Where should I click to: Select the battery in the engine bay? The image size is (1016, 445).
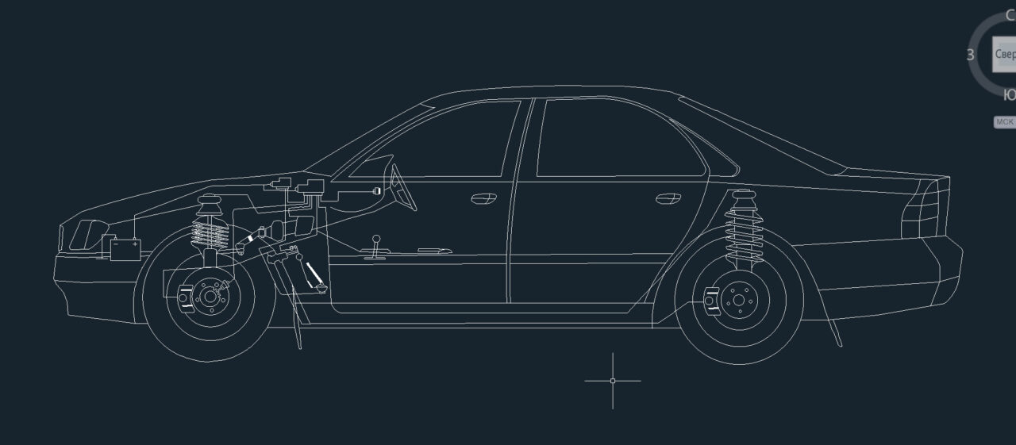coord(125,249)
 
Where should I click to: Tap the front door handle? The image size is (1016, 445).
coord(483,198)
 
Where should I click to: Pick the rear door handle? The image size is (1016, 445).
coord(668,198)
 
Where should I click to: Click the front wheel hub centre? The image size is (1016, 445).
coord(210,297)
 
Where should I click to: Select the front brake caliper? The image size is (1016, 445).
coord(185,297)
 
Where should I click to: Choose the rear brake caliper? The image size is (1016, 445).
coord(711,301)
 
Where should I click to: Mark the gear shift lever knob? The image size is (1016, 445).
coord(378,236)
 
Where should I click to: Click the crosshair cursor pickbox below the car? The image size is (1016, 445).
coord(613,381)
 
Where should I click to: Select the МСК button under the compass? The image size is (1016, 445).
coord(1004,122)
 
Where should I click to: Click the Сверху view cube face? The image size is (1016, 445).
coord(1004,54)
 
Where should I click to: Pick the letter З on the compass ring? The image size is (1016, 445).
coord(970,55)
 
